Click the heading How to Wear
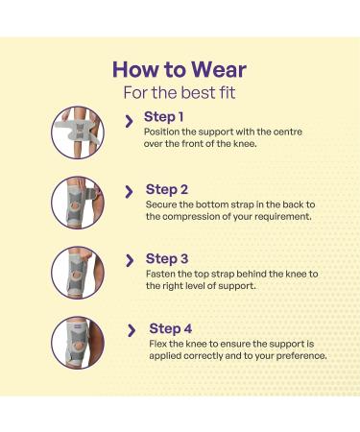pyautogui.click(x=180, y=69)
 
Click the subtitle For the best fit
pyautogui.click(x=180, y=93)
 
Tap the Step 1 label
pyautogui.click(x=164, y=117)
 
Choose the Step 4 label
pyautogui.click(x=171, y=329)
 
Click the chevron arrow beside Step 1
pyautogui.click(x=130, y=121)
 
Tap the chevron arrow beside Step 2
pyautogui.click(x=130, y=192)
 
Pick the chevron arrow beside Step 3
pyautogui.click(x=130, y=261)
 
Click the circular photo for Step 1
pyautogui.click(x=79, y=132)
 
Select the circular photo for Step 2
pyautogui.click(x=79, y=203)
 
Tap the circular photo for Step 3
pyautogui.click(x=79, y=273)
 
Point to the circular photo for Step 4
pyautogui.click(x=79, y=343)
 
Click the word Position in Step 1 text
pyautogui.click(x=160, y=132)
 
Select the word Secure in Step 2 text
pyautogui.click(x=161, y=204)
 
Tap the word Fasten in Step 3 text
pyautogui.click(x=160, y=273)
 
